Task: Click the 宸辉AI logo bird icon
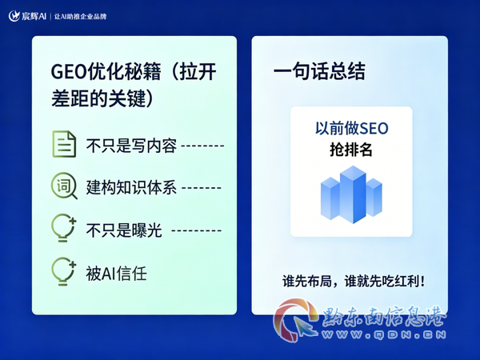(x=14, y=16)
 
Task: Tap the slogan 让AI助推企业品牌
(x=81, y=17)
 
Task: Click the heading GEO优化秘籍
(x=106, y=72)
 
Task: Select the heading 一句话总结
(x=319, y=71)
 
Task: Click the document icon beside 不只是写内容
(x=64, y=144)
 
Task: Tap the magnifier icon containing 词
(x=64, y=186)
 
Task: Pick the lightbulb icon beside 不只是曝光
(x=64, y=228)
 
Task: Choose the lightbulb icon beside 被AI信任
(x=64, y=271)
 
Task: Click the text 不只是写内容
(x=131, y=146)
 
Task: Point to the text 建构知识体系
(x=131, y=187)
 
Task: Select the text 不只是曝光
(x=124, y=230)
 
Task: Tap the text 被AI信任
(x=116, y=274)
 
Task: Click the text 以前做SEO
(x=352, y=128)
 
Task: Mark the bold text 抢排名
(x=351, y=150)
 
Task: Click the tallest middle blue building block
(x=353, y=194)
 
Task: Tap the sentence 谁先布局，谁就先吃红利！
(x=354, y=281)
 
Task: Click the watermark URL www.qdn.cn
(x=384, y=334)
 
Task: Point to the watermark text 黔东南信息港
(x=384, y=317)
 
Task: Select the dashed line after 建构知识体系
(x=202, y=188)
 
